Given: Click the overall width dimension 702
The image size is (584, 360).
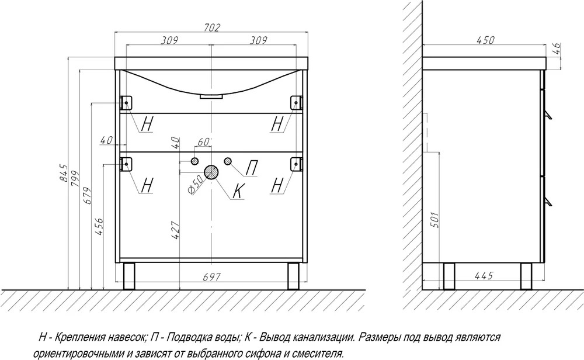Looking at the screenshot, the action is click(x=213, y=27).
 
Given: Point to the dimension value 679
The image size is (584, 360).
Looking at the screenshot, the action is click(x=86, y=195).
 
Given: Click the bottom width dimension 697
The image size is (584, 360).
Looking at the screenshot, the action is click(x=212, y=277).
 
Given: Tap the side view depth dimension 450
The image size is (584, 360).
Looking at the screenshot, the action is click(x=486, y=40).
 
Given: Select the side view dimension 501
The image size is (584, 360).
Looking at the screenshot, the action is click(x=434, y=220).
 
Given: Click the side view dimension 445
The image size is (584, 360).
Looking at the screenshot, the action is click(x=484, y=275).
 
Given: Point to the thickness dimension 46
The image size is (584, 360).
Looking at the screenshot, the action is click(x=556, y=49).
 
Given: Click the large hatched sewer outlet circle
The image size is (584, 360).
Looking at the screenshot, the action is click(x=211, y=172).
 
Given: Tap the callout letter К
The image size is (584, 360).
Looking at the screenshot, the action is click(x=238, y=192).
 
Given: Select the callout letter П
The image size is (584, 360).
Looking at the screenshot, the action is click(x=251, y=168).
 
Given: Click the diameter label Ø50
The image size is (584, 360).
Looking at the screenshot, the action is click(x=196, y=184).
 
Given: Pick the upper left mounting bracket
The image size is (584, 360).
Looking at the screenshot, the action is click(x=126, y=102).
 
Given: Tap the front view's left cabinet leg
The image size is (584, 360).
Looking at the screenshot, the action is click(x=128, y=276).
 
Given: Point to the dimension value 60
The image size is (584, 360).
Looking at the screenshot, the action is click(x=203, y=142).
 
